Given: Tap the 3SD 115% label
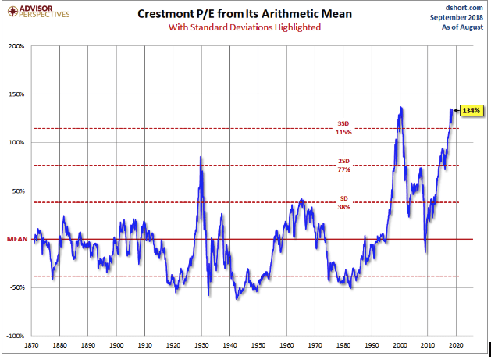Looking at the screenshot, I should tap(344, 128).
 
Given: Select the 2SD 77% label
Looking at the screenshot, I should tap(344, 166).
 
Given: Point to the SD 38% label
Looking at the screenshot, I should tap(344, 203).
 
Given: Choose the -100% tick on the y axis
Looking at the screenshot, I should tap(16, 335).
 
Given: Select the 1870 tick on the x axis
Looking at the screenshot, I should tap(32, 344).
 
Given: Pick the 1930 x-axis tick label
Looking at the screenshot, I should tap(201, 344).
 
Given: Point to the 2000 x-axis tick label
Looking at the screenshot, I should tap(400, 344).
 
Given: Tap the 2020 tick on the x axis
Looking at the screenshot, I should tap(456, 344).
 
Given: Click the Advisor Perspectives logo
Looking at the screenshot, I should tap(36, 12).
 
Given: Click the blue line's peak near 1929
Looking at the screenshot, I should tap(201, 157).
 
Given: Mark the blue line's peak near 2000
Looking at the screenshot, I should tap(401, 108).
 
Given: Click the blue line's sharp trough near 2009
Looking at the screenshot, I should tap(425, 252).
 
